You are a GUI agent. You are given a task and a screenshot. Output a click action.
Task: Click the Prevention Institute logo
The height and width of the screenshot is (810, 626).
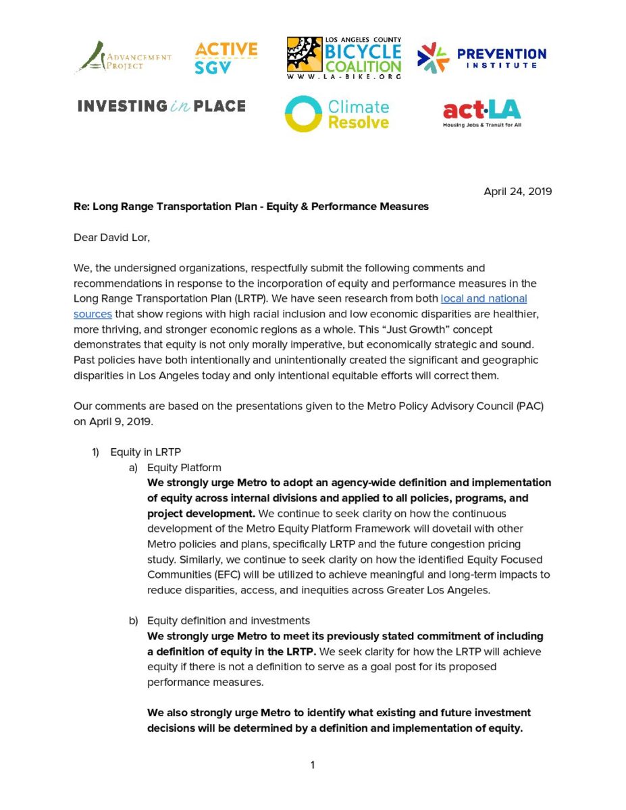(x=481, y=58)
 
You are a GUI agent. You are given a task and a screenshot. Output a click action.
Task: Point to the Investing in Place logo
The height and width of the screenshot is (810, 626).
(x=161, y=106)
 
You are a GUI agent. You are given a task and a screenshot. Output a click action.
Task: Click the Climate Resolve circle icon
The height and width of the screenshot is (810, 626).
(x=303, y=113)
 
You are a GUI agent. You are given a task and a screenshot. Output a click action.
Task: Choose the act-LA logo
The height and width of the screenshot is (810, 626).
(x=481, y=113)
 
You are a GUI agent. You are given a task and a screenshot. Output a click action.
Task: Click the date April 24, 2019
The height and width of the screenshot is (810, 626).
(x=517, y=191)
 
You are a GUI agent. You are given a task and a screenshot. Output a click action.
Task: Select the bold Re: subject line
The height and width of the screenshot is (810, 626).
(x=251, y=207)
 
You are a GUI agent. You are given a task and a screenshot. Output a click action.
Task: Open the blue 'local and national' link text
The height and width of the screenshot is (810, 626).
(x=484, y=298)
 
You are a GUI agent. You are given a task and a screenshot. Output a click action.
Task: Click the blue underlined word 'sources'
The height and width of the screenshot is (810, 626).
(x=93, y=314)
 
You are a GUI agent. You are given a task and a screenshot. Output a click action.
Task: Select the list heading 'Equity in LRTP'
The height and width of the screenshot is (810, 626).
(x=145, y=452)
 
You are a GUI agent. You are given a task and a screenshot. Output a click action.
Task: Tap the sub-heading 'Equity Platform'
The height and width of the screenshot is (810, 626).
(x=184, y=467)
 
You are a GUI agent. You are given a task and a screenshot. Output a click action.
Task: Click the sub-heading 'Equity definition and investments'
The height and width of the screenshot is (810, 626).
(x=228, y=620)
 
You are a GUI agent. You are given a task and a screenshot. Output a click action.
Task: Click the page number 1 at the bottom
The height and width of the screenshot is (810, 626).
(x=313, y=765)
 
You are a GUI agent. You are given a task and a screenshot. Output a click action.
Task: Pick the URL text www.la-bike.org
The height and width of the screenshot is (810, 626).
(x=344, y=77)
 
